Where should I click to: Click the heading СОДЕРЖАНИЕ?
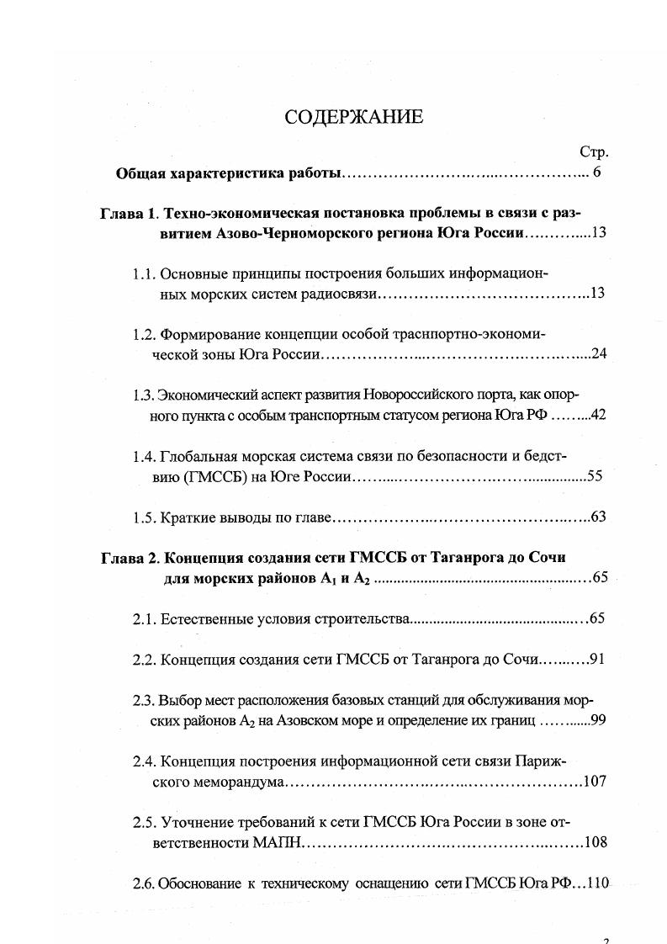coord(353,117)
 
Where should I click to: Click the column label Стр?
coord(594,152)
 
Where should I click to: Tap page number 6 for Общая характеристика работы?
coord(597,174)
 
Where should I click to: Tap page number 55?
coord(595,476)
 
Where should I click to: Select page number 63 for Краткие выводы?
coord(598,517)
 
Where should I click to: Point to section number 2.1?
coord(144,618)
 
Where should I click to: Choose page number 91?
coord(597,659)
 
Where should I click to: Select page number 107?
coord(594,782)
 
